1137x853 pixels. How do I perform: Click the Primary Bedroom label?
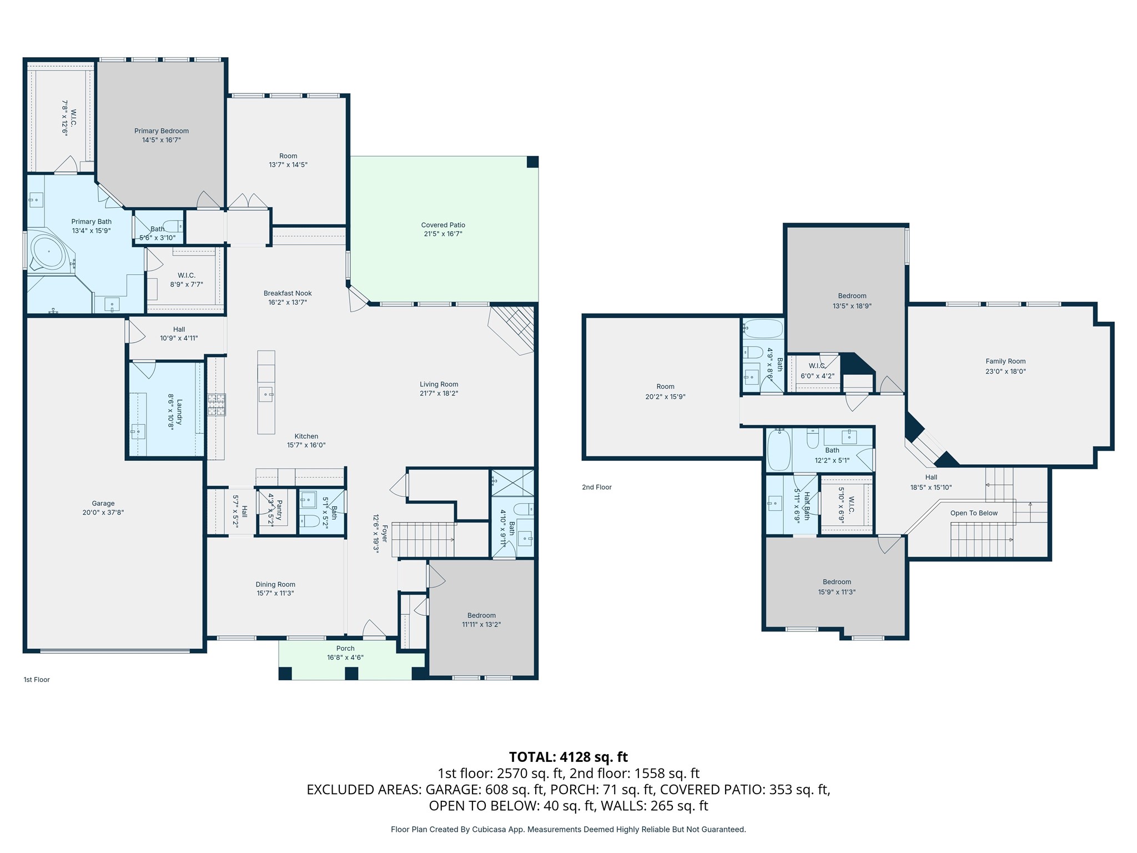click(162, 131)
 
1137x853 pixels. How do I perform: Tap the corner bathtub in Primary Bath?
click(48, 252)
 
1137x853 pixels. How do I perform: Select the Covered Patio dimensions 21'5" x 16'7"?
click(442, 234)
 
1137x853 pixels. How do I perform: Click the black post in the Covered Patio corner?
click(532, 162)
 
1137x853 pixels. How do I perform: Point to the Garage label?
click(103, 504)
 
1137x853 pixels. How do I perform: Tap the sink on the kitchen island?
click(266, 394)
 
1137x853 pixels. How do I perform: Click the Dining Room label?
click(275, 584)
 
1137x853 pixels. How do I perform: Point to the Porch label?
click(345, 648)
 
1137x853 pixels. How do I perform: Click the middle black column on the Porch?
click(351, 674)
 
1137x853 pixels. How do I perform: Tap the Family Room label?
click(1005, 361)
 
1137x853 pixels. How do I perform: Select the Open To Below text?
click(974, 513)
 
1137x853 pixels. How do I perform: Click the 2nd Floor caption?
click(597, 487)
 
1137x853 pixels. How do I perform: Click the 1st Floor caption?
click(37, 680)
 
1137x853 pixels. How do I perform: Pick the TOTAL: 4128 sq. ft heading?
click(568, 757)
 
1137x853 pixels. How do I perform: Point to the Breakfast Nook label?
click(288, 293)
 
